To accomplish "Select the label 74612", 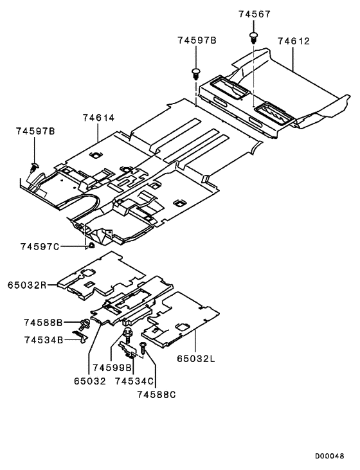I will pyautogui.click(x=294, y=41).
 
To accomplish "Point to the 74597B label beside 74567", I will pyautogui.click(x=197, y=41).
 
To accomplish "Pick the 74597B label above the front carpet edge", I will pyautogui.click(x=35, y=131).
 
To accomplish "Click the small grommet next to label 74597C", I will pyautogui.click(x=91, y=245).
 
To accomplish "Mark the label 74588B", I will pyautogui.click(x=44, y=321).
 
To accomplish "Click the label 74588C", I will pyautogui.click(x=156, y=394).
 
